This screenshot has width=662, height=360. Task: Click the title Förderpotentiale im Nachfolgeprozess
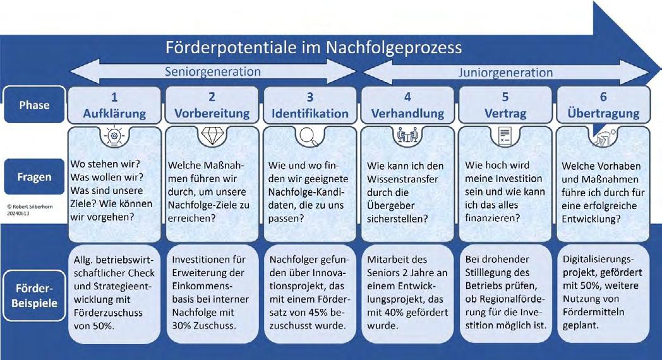click(x=313, y=47)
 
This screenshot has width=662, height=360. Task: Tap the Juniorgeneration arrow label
click(x=506, y=73)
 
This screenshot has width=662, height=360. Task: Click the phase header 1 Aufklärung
click(x=114, y=105)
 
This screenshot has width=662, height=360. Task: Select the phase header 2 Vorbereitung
click(x=212, y=105)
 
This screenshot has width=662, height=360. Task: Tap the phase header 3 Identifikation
click(x=310, y=105)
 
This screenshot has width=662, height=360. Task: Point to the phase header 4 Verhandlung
click(x=407, y=105)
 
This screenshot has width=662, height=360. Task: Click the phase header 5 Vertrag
click(x=505, y=105)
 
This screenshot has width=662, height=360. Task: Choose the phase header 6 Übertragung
click(x=603, y=105)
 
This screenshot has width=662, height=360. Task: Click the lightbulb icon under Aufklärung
click(x=114, y=136)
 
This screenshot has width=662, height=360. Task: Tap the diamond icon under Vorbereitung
click(x=212, y=135)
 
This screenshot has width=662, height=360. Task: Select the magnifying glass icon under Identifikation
click(x=310, y=135)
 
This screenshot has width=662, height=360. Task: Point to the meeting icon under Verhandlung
click(x=407, y=135)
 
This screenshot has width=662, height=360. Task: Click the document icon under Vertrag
click(x=505, y=135)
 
